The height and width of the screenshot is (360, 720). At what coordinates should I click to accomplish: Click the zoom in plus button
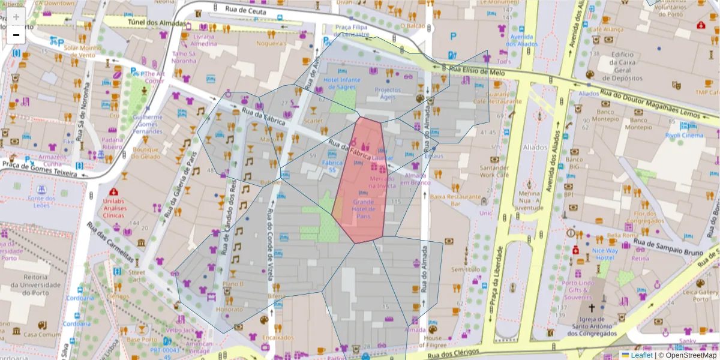tap(16, 16)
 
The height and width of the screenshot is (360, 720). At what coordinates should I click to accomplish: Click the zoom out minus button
tap(16, 35)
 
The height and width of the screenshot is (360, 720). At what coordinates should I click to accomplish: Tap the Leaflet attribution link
tap(641, 355)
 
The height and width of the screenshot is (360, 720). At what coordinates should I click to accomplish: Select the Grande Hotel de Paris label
tap(363, 209)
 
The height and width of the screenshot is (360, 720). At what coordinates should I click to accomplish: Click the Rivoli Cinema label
tap(684, 135)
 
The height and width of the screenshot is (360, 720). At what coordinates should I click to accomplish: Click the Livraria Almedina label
tap(203, 40)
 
